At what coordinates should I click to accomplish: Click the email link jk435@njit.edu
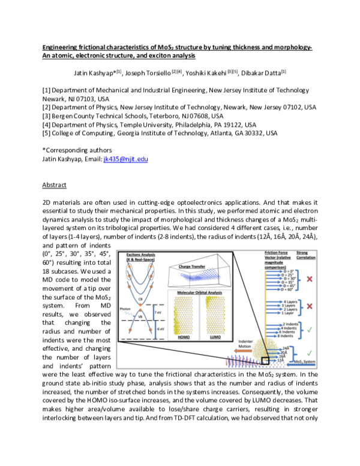pos(125,159)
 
